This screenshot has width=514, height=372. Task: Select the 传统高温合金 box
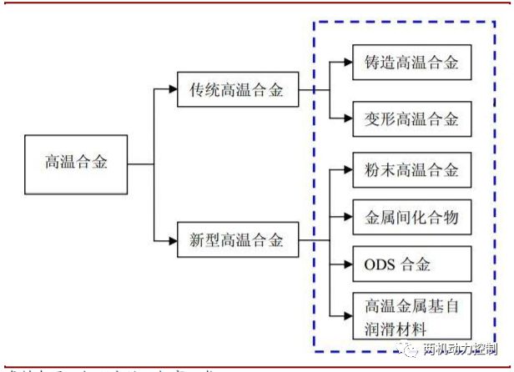point(238,90)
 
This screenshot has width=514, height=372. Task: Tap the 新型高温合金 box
point(238,242)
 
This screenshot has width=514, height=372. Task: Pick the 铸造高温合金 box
point(411,63)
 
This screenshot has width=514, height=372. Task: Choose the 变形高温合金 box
point(411,118)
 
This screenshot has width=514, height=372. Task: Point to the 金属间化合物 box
point(411,218)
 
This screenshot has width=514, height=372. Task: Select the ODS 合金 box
point(411,266)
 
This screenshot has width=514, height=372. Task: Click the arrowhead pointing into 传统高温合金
point(172,90)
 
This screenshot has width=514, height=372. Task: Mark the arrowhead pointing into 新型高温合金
point(172,242)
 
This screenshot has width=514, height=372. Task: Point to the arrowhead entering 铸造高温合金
point(345,63)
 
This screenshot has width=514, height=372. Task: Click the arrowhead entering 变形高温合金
point(345,118)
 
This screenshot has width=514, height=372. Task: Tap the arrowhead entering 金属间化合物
point(345,218)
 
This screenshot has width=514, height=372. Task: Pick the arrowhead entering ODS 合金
point(345,266)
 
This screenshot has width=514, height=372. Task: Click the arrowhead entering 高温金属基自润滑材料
point(345,315)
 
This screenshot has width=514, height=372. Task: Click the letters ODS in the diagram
point(383,266)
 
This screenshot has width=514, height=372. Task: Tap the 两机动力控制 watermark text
point(465,349)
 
